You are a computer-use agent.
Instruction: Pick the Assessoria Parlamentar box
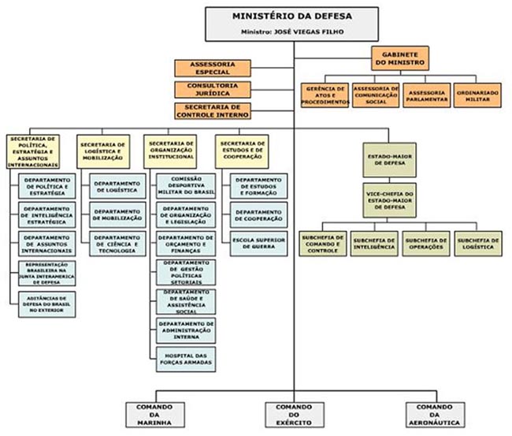426,95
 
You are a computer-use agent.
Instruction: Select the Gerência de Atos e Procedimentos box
323,95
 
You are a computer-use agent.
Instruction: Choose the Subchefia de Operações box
425,243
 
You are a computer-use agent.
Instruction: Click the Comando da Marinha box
154,416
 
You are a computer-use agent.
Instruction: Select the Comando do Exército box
292,416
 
